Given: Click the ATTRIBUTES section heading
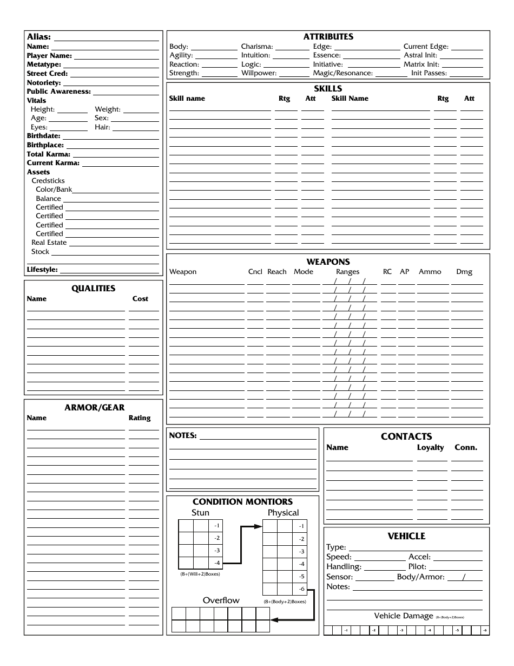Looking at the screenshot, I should tap(328, 37).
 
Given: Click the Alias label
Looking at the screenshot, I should tap(39, 37).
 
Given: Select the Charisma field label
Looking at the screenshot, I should tap(257, 47).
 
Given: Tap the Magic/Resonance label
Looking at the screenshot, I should tap(342, 73).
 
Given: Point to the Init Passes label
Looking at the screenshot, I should tap(429, 73).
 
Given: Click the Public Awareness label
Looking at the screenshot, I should tap(58, 92).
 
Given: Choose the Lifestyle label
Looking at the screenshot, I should tap(42, 270).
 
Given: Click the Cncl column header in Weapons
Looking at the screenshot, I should tap(255, 272).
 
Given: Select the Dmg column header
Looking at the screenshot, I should tap(464, 272).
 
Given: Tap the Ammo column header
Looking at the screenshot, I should tap(430, 272).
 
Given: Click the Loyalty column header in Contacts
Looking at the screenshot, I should tap(430, 447).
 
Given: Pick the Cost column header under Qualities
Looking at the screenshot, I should tap(140, 299).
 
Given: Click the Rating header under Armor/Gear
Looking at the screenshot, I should tap(140, 418).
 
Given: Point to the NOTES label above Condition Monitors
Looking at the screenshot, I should tap(183, 435).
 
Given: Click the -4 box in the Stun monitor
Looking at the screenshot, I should tap(217, 563).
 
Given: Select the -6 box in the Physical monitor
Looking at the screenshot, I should tap(301, 589).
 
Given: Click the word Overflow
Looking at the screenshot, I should tap(221, 600).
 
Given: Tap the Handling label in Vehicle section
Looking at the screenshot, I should tap(344, 567).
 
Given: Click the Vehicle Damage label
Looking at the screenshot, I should tap(404, 616).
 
